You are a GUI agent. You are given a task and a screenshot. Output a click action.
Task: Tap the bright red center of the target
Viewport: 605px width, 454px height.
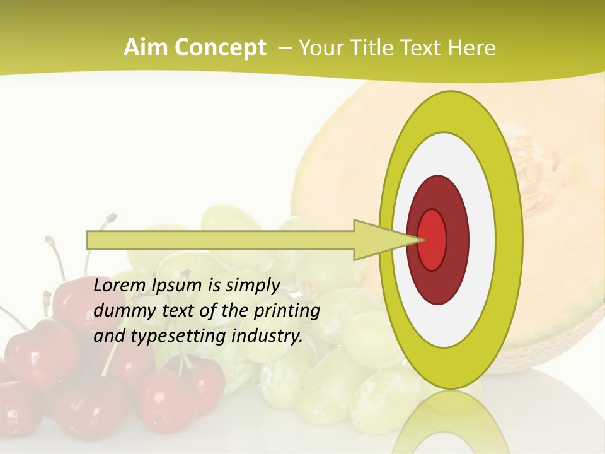tap(432, 240)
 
